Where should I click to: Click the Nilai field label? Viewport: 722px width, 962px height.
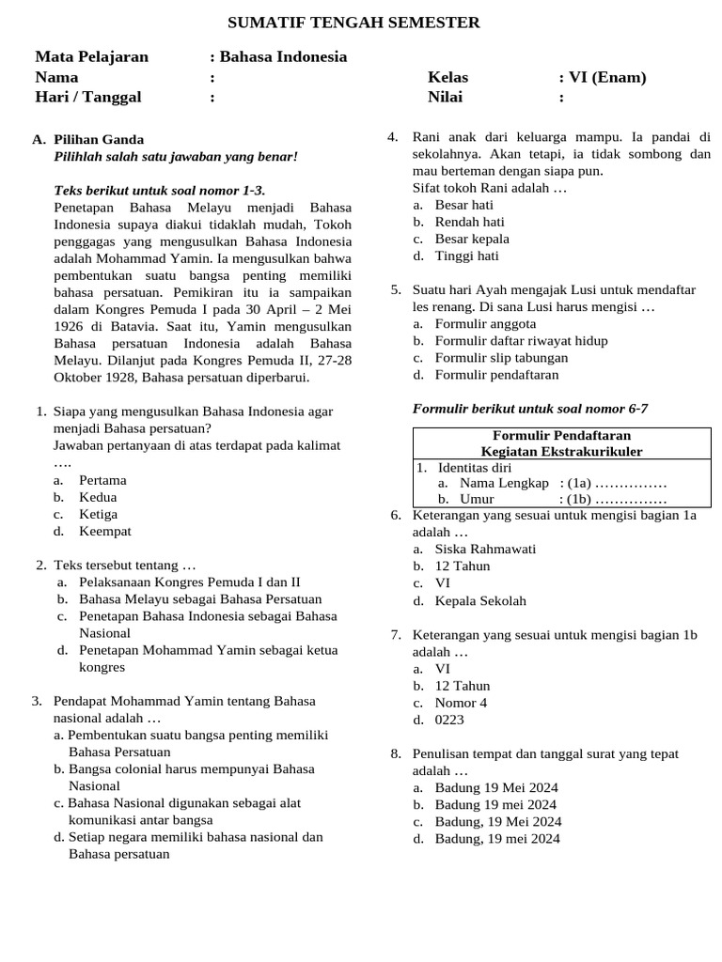(446, 97)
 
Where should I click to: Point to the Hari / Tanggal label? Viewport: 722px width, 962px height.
(88, 97)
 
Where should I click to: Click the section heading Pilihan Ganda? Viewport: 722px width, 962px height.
(99, 139)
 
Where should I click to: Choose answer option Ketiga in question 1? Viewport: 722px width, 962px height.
(98, 514)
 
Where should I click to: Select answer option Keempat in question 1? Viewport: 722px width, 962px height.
(104, 531)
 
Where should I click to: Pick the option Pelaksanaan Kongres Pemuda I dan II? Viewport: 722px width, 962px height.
(189, 582)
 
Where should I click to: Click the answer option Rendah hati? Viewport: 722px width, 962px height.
(469, 222)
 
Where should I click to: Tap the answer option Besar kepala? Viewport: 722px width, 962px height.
(472, 239)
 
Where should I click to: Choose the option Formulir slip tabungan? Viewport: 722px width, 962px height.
(501, 357)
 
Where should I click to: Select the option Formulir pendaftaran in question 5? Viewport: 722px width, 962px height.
(496, 374)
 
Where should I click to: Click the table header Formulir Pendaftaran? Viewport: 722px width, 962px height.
(561, 435)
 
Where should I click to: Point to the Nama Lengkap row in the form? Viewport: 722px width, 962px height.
(504, 483)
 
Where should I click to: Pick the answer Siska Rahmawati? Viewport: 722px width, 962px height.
(485, 549)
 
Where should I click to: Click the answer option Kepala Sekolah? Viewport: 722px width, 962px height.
(480, 600)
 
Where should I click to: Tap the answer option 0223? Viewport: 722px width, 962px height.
(449, 720)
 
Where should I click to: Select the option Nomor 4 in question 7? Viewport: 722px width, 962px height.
(461, 703)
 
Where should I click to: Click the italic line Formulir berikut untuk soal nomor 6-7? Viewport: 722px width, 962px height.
(530, 408)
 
